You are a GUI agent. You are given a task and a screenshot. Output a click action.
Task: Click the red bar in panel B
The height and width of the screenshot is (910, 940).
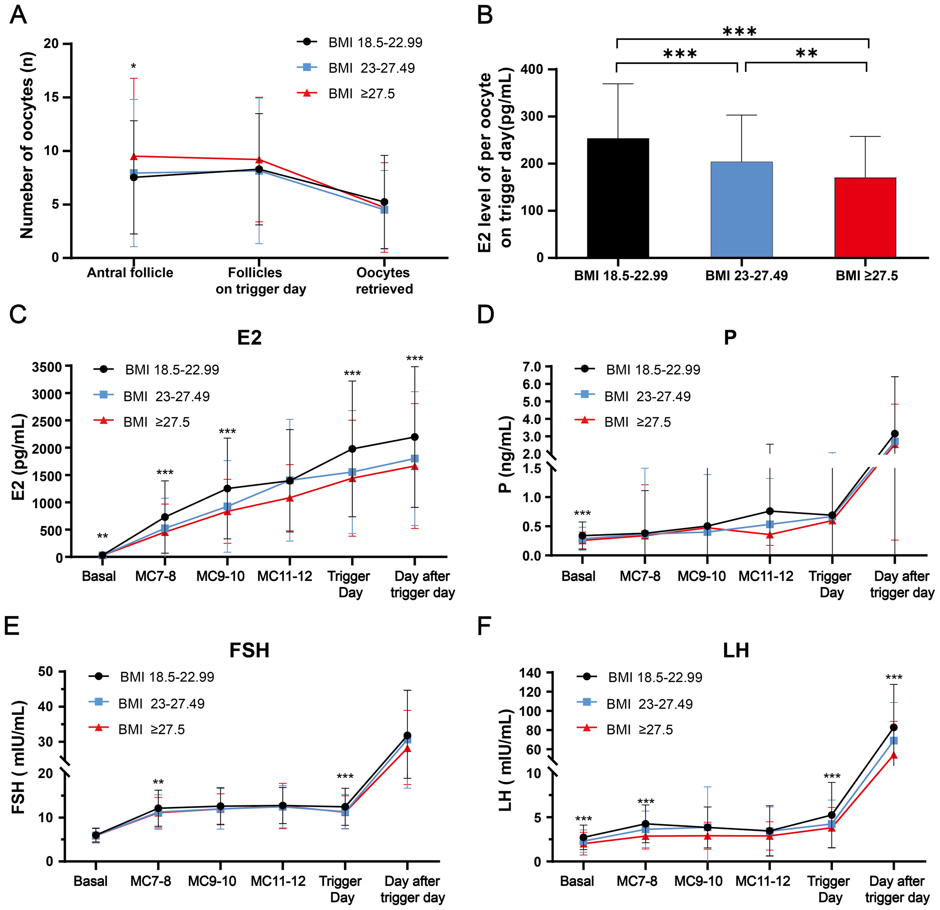pyautogui.click(x=865, y=218)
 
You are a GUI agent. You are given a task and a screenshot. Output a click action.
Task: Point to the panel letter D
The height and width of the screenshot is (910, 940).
pyautogui.click(x=485, y=315)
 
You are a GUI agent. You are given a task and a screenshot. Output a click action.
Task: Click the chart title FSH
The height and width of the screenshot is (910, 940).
pyautogui.click(x=249, y=651)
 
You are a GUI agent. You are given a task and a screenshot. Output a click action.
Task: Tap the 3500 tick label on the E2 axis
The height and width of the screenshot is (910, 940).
pyautogui.click(x=47, y=367)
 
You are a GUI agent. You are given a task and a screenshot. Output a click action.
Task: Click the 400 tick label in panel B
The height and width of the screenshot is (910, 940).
pyautogui.click(x=532, y=70)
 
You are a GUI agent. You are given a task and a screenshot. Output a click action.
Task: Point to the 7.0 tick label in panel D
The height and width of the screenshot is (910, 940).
pyautogui.click(x=529, y=367)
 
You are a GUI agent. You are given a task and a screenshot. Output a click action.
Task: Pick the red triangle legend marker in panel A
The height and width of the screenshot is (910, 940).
pyautogui.click(x=307, y=93)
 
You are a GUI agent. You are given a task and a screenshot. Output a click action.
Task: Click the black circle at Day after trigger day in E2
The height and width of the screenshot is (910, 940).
pyautogui.click(x=414, y=437)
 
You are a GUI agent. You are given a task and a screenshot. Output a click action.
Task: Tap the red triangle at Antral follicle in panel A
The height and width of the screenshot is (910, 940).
pyautogui.click(x=134, y=156)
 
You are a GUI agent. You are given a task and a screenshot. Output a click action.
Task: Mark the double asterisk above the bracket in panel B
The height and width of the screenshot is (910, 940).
pyautogui.click(x=806, y=53)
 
